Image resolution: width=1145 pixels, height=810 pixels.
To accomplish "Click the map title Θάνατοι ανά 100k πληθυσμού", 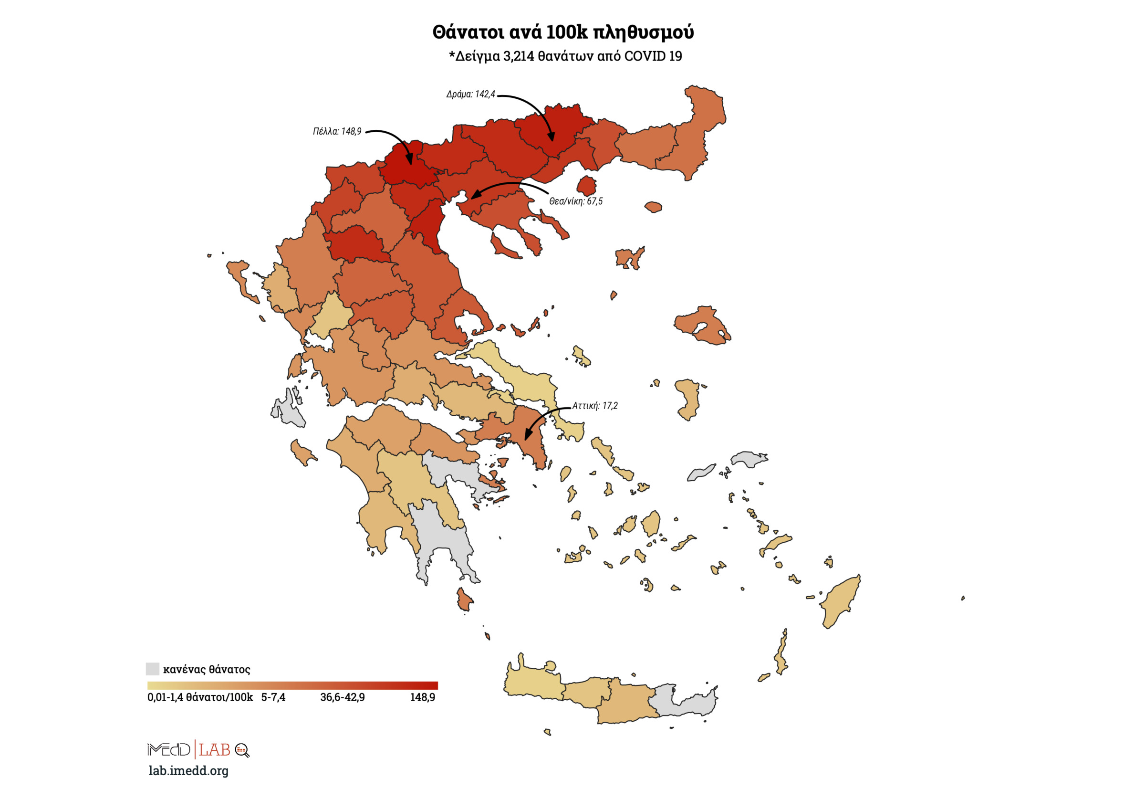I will click(562, 32).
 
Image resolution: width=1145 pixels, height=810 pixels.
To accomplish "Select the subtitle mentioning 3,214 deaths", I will click(565, 56).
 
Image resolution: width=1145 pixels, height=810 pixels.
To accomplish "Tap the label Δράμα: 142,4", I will click(470, 95).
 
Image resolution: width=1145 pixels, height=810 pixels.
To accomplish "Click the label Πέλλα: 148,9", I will click(337, 131).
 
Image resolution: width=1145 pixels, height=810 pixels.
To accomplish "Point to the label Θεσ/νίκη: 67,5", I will click(575, 201).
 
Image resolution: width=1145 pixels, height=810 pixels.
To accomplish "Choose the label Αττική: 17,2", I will click(594, 406).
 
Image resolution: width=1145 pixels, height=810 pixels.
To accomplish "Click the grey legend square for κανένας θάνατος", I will click(152, 669).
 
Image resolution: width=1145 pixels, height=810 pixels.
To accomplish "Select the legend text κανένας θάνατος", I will click(207, 669).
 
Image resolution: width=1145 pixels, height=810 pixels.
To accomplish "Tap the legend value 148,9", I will click(422, 697).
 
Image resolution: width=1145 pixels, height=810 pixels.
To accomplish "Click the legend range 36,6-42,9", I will click(342, 697).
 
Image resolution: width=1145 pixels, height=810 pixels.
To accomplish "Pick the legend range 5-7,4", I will click(273, 697).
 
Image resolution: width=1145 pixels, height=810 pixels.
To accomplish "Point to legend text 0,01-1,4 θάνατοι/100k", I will click(200, 697).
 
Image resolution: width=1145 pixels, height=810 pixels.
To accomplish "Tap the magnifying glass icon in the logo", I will click(242, 750).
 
